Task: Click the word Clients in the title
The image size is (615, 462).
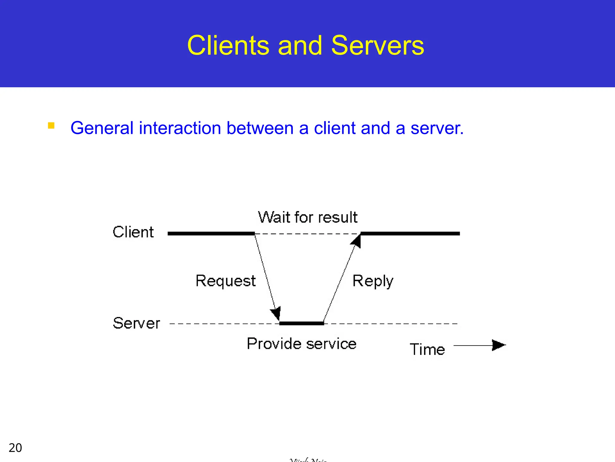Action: pyautogui.click(x=228, y=45)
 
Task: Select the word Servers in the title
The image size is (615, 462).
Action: pyautogui.click(x=377, y=45)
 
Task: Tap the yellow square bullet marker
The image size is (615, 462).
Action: pyautogui.click(x=51, y=125)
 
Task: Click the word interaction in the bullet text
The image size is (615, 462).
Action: pyautogui.click(x=180, y=128)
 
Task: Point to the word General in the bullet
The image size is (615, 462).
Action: pyautogui.click(x=102, y=128)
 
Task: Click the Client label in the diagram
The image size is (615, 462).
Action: pyautogui.click(x=133, y=232)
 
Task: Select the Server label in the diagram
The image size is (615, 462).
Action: pyautogui.click(x=136, y=323)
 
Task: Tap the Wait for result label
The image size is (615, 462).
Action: pyautogui.click(x=307, y=217)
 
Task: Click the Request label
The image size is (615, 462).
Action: pyautogui.click(x=226, y=281)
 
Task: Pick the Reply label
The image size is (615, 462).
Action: pyautogui.click(x=372, y=281)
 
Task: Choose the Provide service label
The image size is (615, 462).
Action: pyautogui.click(x=301, y=344)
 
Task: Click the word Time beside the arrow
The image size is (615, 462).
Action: pyautogui.click(x=427, y=350)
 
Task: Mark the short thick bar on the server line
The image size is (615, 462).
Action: pyautogui.click(x=301, y=323)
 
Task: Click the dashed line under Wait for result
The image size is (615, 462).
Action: pyautogui.click(x=307, y=234)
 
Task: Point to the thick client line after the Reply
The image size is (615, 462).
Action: pyautogui.click(x=410, y=233)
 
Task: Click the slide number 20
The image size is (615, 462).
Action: pyautogui.click(x=15, y=448)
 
